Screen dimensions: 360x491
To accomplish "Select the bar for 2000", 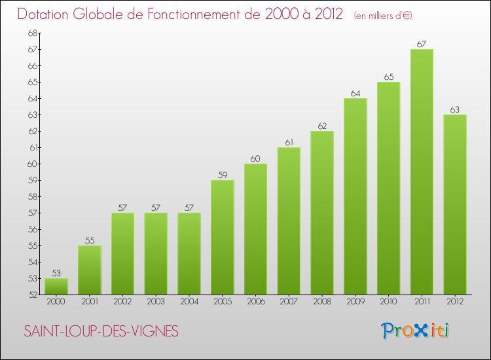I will coord(56,287).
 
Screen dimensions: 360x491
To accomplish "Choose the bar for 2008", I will coord(322,213).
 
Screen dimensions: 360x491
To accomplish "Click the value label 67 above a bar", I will coord(422,45).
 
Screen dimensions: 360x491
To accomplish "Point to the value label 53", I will coord(56,274).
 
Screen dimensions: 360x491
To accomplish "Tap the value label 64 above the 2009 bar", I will coord(355,94).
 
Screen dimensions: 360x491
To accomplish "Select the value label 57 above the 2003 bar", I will coord(156,208).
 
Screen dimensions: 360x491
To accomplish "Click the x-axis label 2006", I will coord(256,302).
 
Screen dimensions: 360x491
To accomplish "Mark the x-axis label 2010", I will coord(389,302).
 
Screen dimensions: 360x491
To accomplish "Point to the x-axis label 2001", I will coord(90,302).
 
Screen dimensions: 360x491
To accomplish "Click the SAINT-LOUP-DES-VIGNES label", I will coord(101,331).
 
